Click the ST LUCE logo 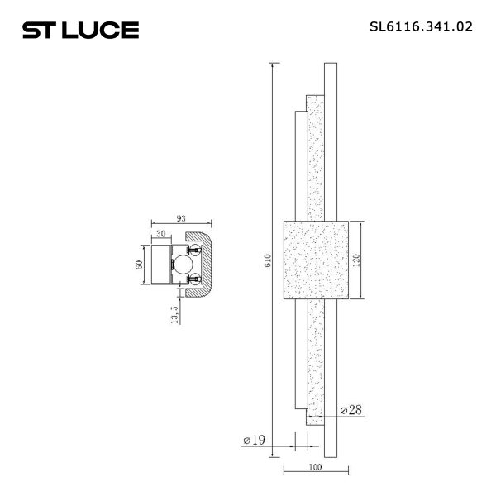79,31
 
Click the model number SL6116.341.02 421,26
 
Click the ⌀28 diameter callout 352,409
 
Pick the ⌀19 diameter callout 254,440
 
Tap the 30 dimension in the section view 160,235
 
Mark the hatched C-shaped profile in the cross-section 207,265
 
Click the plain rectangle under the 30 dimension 160,265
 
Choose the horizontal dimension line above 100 314,472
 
